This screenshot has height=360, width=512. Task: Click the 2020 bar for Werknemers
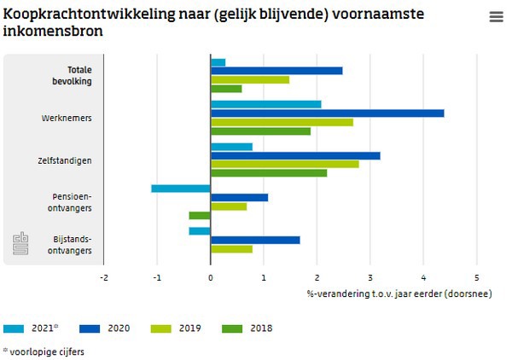click(x=327, y=113)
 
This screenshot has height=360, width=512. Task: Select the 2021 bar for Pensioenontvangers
click(x=181, y=189)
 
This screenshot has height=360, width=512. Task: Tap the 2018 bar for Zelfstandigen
click(x=269, y=173)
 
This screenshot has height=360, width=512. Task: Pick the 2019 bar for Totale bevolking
click(x=250, y=79)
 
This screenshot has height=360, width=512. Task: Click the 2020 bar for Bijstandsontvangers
click(x=255, y=240)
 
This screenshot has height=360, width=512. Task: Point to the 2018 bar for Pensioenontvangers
click(x=200, y=215)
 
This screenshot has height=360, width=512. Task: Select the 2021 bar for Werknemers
click(x=265, y=104)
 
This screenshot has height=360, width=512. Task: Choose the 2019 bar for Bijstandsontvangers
click(x=231, y=249)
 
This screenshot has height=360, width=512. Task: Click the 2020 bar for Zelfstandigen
click(x=295, y=155)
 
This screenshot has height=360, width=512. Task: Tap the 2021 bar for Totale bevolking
click(x=218, y=62)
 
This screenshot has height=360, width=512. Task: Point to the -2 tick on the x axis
click(x=103, y=277)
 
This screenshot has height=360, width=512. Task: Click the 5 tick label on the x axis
click(x=477, y=277)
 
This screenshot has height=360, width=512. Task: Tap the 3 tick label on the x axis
click(x=370, y=277)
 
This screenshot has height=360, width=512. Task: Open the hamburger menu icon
click(x=496, y=17)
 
